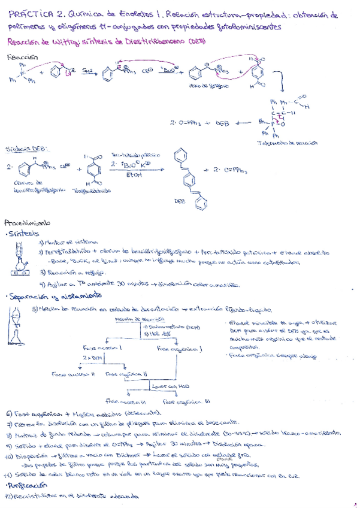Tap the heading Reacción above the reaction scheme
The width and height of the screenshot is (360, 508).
tap(21, 57)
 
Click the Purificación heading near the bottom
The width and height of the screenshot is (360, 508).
tap(28, 486)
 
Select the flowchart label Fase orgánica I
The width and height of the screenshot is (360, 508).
tap(177, 347)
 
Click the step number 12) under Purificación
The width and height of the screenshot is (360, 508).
tap(9, 497)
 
